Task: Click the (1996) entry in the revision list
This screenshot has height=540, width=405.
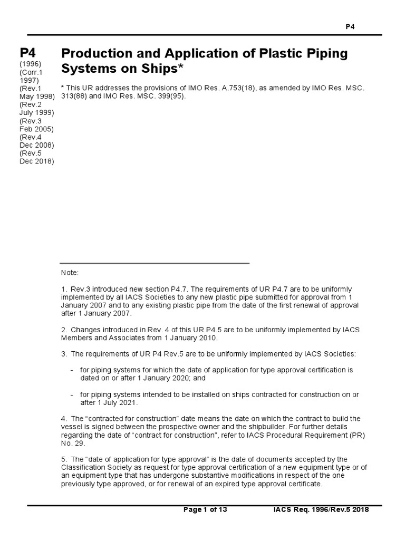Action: pos(32,64)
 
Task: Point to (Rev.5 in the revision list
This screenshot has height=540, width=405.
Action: pos(32,153)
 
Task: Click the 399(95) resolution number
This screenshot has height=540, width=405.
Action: pos(171,97)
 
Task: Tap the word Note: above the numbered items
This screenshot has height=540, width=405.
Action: pos(70,273)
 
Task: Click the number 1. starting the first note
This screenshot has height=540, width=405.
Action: pos(64,289)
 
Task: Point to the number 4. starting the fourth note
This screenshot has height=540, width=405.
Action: pos(64,419)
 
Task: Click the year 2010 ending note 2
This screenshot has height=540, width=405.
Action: pos(207,338)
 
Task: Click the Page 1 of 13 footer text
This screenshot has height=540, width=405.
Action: pos(205,510)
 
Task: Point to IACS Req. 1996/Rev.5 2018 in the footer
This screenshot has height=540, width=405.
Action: pos(321,510)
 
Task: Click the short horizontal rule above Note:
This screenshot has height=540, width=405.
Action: pos(154,263)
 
